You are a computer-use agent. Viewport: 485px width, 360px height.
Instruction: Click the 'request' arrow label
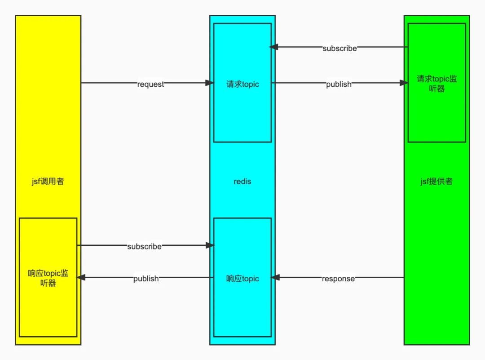(x=151, y=84)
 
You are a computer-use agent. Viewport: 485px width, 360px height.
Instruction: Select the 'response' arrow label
(x=338, y=279)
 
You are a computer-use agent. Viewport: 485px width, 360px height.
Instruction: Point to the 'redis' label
(x=242, y=182)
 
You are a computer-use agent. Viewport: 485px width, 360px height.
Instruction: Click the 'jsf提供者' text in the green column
(x=436, y=182)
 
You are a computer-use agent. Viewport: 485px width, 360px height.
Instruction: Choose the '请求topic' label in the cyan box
(x=242, y=84)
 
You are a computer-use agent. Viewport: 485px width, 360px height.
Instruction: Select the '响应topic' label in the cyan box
(x=242, y=279)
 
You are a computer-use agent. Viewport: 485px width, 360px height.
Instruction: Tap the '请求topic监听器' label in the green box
(x=436, y=84)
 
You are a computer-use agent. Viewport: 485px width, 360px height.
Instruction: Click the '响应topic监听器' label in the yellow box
(x=48, y=278)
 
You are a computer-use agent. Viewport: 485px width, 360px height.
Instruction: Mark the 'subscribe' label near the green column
(x=340, y=48)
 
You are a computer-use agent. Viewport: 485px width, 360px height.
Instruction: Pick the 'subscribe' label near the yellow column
(x=144, y=246)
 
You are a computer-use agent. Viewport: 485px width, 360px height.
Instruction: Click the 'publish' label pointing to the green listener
(x=339, y=84)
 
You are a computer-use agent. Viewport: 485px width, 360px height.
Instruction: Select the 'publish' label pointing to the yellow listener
(x=146, y=279)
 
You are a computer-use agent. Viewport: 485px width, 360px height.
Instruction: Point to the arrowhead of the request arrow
(x=210, y=83)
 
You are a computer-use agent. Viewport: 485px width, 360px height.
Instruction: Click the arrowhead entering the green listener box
(x=404, y=83)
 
